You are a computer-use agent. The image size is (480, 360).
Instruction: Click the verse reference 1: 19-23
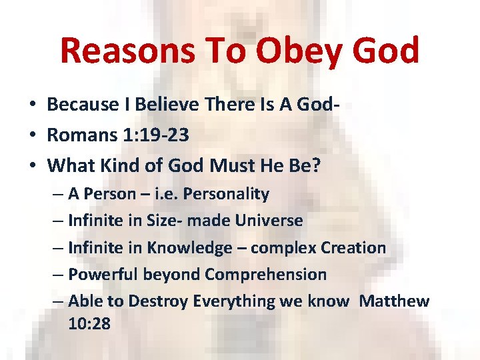tap(153, 135)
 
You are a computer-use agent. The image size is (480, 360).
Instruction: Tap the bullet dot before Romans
tap(32, 135)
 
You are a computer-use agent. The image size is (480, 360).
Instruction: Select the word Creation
tap(353, 248)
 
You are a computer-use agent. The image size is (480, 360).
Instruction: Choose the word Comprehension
tap(265, 275)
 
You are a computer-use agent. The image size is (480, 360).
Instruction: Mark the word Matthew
tap(394, 301)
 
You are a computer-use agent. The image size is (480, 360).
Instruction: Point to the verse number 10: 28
tap(89, 324)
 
